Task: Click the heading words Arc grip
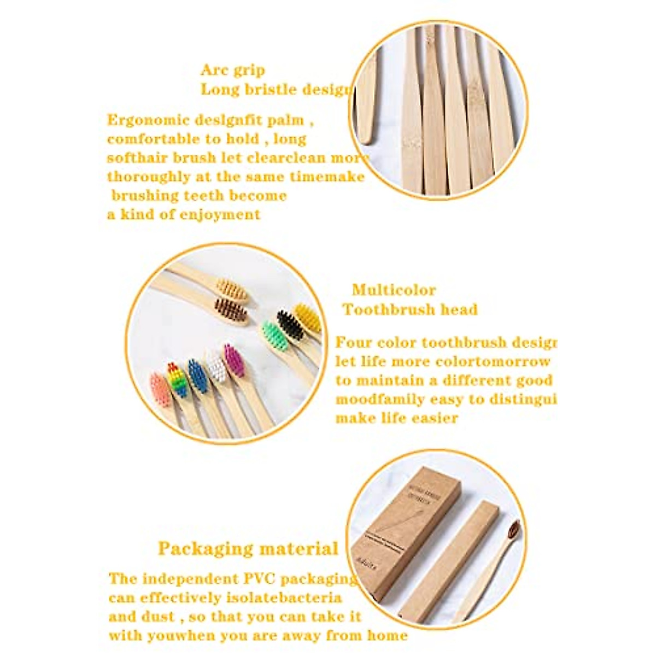(x=233, y=70)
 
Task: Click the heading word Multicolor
(x=394, y=290)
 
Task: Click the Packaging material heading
(x=248, y=548)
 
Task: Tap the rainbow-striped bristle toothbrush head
(x=175, y=376)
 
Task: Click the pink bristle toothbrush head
(x=160, y=389)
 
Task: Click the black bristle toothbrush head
(x=289, y=326)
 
